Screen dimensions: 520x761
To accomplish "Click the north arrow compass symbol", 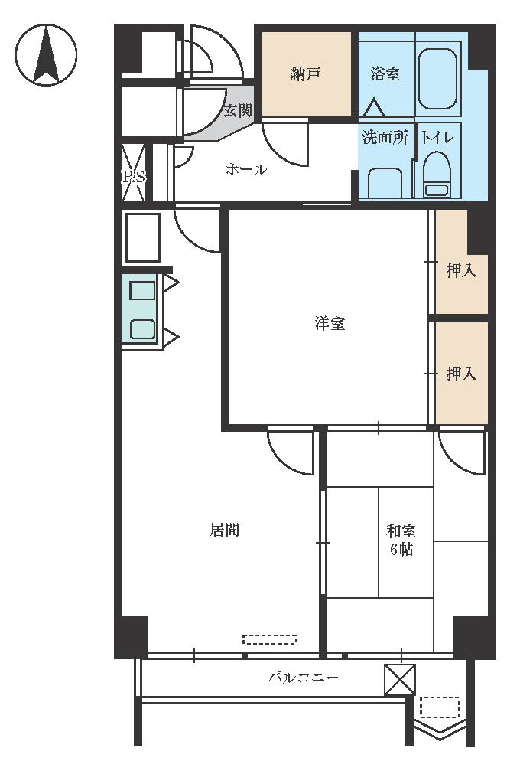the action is [46, 55].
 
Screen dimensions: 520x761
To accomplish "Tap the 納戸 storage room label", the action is [306, 73].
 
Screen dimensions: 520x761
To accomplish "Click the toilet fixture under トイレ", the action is [437, 175].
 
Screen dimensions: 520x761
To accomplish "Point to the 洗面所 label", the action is [385, 137].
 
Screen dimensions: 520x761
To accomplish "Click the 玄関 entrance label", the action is [238, 110].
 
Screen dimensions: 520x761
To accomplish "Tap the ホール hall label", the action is [246, 169].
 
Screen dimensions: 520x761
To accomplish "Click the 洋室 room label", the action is [330, 323].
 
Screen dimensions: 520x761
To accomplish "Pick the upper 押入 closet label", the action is [461, 270].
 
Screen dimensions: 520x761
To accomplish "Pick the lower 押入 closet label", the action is [461, 374].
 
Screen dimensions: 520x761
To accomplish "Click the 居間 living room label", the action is [224, 530].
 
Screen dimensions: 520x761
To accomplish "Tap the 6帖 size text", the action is [401, 550].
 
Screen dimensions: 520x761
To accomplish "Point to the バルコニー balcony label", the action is [304, 677].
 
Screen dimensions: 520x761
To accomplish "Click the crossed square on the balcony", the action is [400, 680].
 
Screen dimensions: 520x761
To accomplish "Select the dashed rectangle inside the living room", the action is [270, 639].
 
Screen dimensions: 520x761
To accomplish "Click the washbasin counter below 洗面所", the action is [385, 183].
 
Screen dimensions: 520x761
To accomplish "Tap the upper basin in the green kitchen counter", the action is [142, 291].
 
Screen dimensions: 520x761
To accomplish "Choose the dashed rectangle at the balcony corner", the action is [440, 707].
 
